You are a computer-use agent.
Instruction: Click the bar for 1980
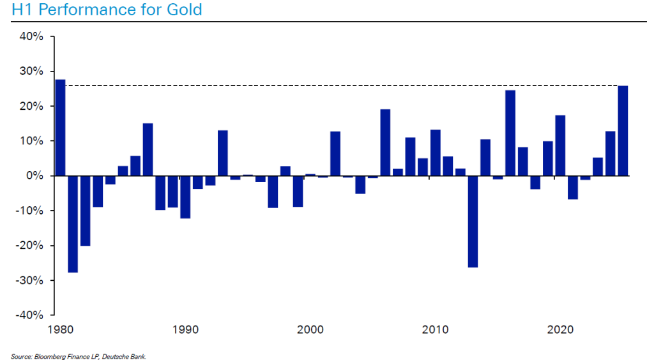[61, 128]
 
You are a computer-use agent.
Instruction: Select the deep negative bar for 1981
[73, 223]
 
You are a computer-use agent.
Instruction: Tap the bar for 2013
[473, 221]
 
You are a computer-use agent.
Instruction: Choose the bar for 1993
[223, 153]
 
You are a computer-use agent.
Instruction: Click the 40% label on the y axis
[31, 36]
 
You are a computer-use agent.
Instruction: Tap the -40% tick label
[29, 315]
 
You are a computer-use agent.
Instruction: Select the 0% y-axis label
[34, 176]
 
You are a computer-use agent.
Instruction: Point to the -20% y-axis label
[29, 246]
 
